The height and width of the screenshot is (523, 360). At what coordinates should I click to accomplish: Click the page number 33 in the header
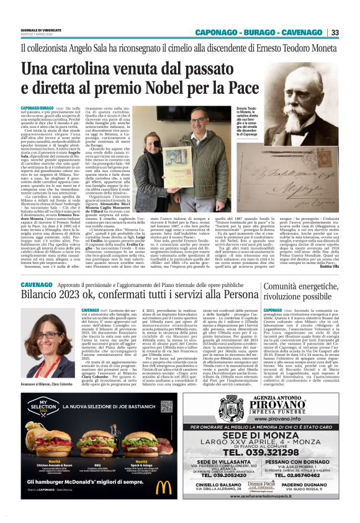coord(335,32)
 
